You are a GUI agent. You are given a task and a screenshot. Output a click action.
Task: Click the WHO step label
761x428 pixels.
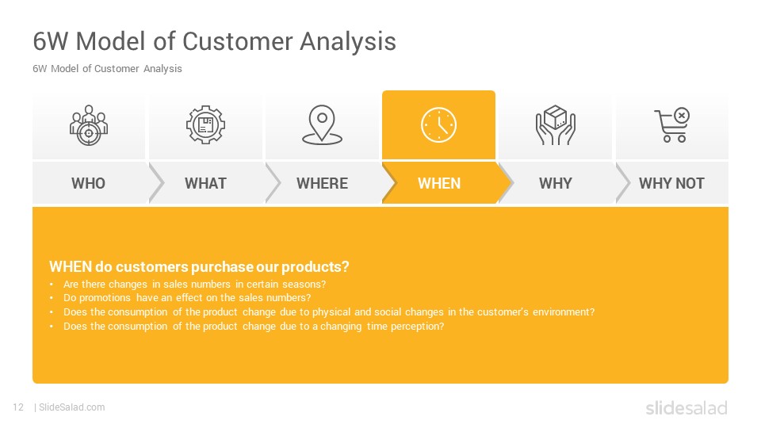tap(88, 183)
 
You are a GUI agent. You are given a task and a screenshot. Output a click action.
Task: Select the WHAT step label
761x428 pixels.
tap(205, 183)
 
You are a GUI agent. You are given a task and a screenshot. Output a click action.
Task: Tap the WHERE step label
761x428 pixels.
tap(323, 183)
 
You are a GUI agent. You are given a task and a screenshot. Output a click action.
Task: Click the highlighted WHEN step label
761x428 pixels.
tap(439, 183)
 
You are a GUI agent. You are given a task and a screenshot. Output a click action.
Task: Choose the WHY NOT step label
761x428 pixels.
tap(671, 183)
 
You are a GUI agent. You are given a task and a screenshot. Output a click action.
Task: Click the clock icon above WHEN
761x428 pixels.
tap(438, 125)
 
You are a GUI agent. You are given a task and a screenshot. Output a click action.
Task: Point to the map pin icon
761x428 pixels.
tap(323, 125)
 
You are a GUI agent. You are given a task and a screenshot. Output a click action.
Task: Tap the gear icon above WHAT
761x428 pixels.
tap(206, 125)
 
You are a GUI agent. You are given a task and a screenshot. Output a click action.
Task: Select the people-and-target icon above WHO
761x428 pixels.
tap(88, 125)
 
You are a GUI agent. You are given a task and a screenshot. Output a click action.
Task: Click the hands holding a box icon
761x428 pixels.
tap(555, 125)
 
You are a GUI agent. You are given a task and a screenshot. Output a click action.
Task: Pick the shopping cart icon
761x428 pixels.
tap(672, 124)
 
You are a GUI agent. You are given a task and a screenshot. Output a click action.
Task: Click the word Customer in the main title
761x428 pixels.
tap(238, 41)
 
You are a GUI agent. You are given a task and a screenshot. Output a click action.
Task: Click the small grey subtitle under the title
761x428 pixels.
tap(107, 69)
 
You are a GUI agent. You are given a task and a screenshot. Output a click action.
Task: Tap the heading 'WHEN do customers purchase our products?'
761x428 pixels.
tap(199, 266)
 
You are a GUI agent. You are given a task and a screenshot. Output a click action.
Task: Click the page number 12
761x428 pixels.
tap(18, 407)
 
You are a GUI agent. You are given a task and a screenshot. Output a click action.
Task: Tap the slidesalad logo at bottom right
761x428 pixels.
tap(686, 407)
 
